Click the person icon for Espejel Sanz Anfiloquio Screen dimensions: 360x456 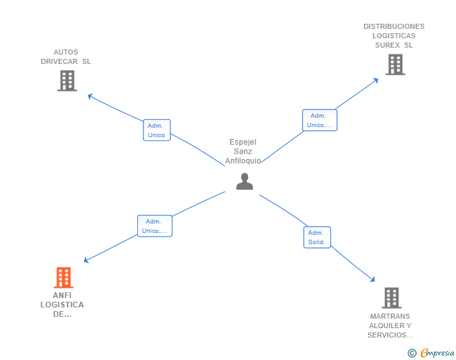(244, 182)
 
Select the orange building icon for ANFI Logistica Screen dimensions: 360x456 (63, 277)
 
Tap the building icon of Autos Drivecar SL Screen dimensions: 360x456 (67, 81)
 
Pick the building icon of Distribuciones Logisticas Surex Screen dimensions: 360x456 (395, 64)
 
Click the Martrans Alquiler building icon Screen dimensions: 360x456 (391, 298)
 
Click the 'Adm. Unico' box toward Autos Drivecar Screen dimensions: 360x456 (157, 130)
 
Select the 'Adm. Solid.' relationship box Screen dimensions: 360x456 (317, 237)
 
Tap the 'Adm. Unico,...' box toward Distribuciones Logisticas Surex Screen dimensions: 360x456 (319, 120)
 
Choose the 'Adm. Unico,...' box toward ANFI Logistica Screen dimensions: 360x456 (155, 226)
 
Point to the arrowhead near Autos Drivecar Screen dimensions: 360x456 (90, 96)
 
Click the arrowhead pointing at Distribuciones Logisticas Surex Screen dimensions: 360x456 (376, 80)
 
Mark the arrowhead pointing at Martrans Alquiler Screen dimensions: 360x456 (373, 280)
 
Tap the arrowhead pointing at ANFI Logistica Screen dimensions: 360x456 (86, 260)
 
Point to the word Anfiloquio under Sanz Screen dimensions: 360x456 (243, 161)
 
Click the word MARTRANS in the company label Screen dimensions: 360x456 (390, 316)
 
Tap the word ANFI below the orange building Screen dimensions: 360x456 (62, 296)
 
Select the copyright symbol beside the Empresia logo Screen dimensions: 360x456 (412, 353)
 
